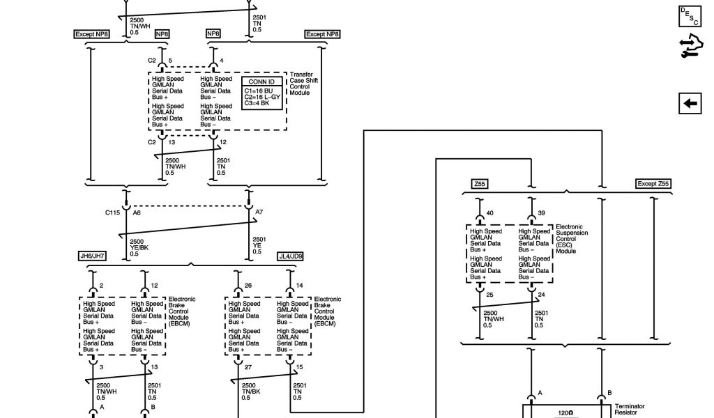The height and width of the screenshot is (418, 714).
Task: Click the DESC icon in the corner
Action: [689, 17]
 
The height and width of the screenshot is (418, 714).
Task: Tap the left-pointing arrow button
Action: [690, 103]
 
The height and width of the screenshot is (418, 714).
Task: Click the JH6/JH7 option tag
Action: [93, 256]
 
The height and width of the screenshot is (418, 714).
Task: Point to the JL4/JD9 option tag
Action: [291, 256]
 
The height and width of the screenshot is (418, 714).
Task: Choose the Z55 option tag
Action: [480, 184]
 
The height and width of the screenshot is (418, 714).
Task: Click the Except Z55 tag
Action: [653, 184]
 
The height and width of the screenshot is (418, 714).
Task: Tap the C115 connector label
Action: [113, 212]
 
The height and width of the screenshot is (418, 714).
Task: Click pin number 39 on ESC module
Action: [543, 213]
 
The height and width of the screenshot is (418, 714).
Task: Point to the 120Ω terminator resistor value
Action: [565, 413]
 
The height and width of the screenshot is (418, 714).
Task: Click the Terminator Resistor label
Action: [629, 410]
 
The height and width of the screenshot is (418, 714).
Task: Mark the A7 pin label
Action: [259, 212]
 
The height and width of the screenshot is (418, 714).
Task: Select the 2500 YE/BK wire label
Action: [139, 247]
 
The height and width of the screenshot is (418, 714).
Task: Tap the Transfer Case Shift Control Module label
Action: [301, 84]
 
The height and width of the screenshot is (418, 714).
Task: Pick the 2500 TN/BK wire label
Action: [252, 391]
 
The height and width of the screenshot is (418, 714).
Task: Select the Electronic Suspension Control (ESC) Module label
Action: [572, 239]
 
